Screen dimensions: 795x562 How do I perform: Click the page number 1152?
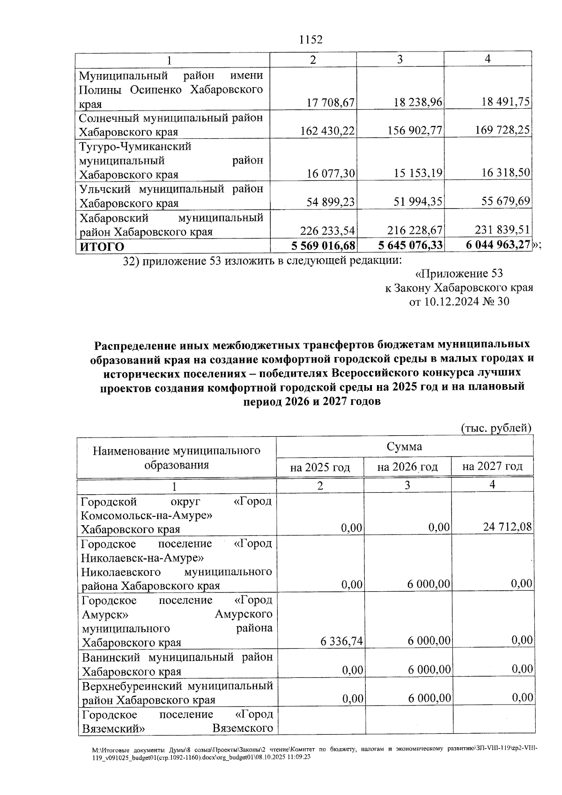pyautogui.click(x=311, y=40)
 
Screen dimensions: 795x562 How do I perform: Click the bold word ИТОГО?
pyautogui.click(x=102, y=246)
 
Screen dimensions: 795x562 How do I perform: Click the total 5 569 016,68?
pyautogui.click(x=323, y=245)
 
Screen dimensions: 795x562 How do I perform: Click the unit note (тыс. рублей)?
pyautogui.click(x=496, y=428)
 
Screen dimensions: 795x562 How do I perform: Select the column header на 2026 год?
pyautogui.click(x=407, y=467)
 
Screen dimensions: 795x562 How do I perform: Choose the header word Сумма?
pyautogui.click(x=404, y=446)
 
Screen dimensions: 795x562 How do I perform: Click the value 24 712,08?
pyautogui.click(x=508, y=527)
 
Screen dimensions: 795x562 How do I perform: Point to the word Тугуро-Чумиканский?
pyautogui.click(x=135, y=147)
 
